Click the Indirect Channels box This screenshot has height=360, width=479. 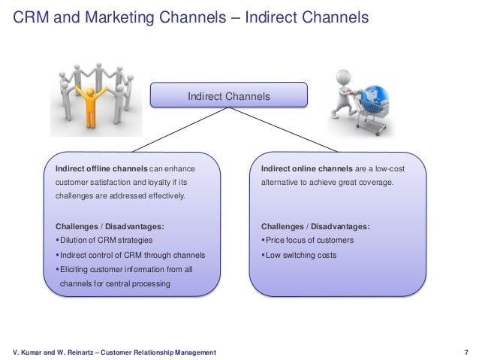point(228,96)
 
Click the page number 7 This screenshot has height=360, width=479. point(466,352)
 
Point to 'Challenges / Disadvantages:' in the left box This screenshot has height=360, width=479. point(110,226)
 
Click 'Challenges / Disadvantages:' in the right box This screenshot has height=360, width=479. point(315,226)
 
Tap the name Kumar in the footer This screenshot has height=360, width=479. point(35,352)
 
